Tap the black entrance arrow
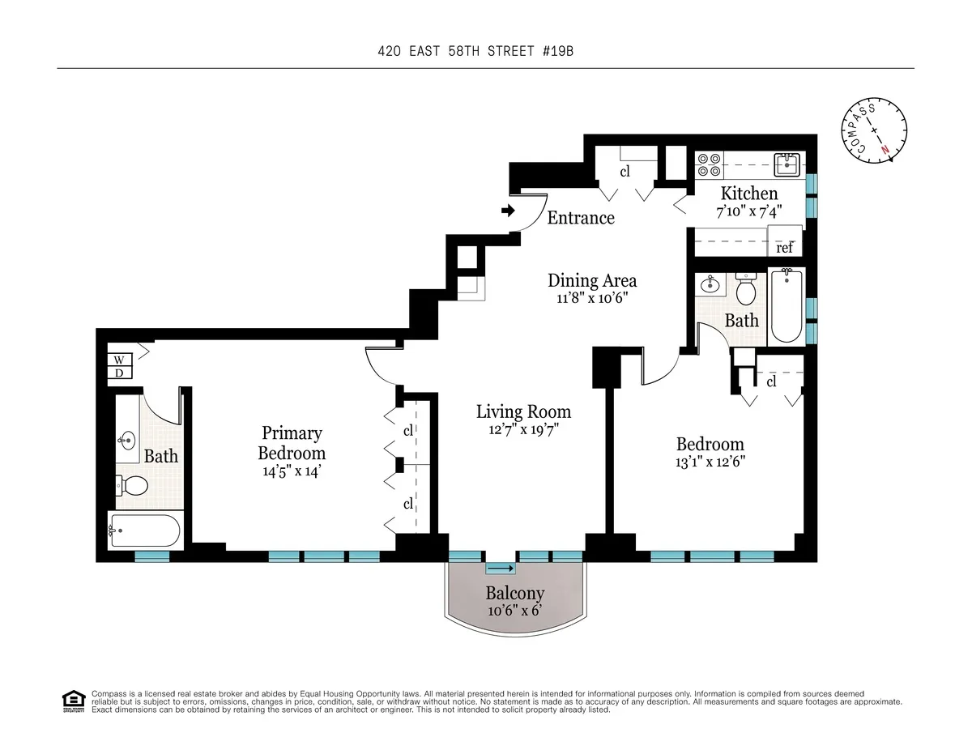point(508,211)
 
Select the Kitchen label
point(749,194)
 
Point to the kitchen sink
point(786,164)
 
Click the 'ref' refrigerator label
point(785,248)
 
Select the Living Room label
point(523,411)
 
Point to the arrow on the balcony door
point(500,569)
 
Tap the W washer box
point(118,360)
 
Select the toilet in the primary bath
point(133,486)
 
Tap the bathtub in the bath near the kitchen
point(786,308)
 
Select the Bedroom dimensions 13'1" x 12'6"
point(710,462)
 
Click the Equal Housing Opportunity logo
point(74,701)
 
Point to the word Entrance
point(580,218)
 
